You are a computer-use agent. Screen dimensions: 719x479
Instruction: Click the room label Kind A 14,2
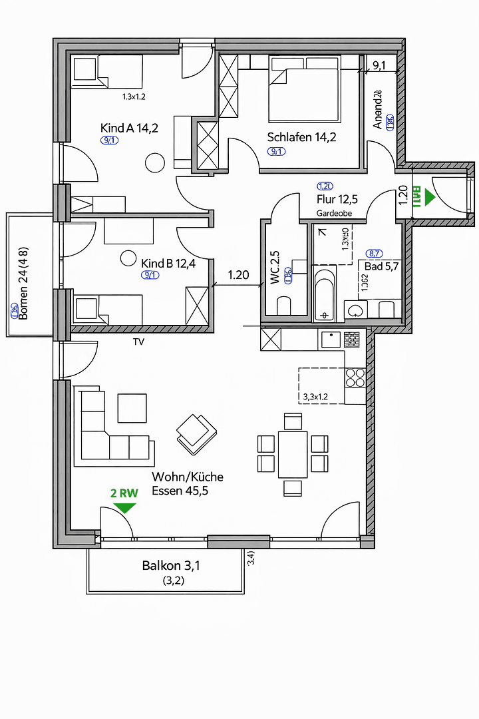pyautogui.click(x=129, y=128)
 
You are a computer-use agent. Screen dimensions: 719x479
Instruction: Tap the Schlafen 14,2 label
pyautogui.click(x=302, y=138)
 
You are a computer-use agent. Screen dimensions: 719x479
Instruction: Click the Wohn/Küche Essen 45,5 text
pyautogui.click(x=188, y=485)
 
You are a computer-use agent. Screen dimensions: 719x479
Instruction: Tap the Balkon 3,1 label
pyautogui.click(x=171, y=566)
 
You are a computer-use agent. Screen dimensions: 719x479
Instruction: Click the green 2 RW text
pyautogui.click(x=124, y=493)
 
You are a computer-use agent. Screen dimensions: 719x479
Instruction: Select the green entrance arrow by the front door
pyautogui.click(x=428, y=198)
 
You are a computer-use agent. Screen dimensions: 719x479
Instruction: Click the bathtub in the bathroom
pyautogui.click(x=326, y=294)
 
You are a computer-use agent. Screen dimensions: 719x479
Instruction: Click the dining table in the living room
pyautogui.click(x=293, y=454)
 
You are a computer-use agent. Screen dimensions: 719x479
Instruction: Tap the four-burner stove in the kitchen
pyautogui.click(x=355, y=377)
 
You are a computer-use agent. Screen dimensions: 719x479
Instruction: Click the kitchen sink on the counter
pyautogui.click(x=331, y=339)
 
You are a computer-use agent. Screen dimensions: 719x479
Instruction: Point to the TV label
pyautogui.click(x=138, y=342)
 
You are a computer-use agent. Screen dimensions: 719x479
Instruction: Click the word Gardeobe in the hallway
pyautogui.click(x=334, y=214)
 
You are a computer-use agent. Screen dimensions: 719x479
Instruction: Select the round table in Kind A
pyautogui.click(x=155, y=162)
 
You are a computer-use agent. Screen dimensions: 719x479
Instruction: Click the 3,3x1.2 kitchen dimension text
pyautogui.click(x=315, y=397)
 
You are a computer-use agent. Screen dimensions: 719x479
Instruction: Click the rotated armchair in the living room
pyautogui.click(x=196, y=433)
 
